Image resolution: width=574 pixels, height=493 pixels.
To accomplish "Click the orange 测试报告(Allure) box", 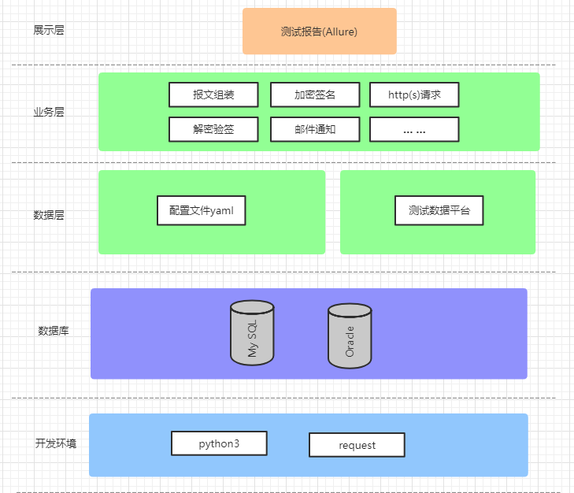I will click(x=319, y=32).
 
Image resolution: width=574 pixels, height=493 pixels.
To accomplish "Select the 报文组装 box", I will click(x=213, y=95).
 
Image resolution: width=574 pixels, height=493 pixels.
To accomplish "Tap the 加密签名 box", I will click(x=315, y=95).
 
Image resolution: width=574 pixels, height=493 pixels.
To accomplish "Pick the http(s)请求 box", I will click(x=414, y=95).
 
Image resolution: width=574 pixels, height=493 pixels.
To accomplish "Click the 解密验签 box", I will click(x=213, y=129).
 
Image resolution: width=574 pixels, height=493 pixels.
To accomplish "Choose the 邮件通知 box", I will click(x=315, y=129).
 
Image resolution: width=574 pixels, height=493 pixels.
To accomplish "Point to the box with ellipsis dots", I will click(x=414, y=129).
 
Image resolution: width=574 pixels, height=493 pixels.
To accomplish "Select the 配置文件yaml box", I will click(x=201, y=210).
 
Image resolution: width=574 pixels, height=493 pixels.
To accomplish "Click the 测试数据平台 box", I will click(x=439, y=210).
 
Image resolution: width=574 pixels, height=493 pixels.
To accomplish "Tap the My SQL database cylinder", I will click(x=252, y=333).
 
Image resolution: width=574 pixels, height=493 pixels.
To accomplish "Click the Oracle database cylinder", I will click(x=350, y=336).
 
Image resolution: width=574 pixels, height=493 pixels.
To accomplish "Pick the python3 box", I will click(x=219, y=443).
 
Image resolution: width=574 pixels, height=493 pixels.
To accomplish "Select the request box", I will click(x=357, y=445).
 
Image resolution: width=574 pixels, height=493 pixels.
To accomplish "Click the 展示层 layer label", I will click(x=49, y=31).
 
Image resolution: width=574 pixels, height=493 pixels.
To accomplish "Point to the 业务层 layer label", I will click(x=49, y=112).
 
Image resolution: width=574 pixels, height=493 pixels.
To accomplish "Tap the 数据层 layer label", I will click(x=49, y=214).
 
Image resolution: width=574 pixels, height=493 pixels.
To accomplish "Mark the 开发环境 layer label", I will click(x=56, y=443).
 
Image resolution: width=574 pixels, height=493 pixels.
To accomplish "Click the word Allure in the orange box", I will click(x=341, y=32).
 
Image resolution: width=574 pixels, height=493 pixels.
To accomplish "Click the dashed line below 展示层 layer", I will click(x=283, y=65).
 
